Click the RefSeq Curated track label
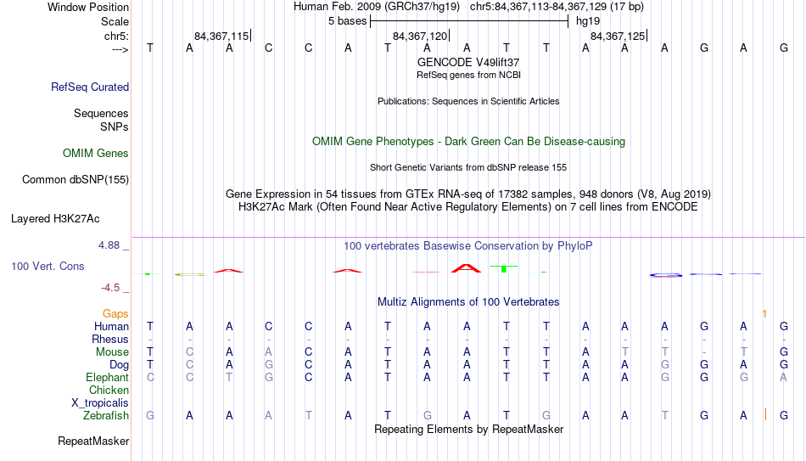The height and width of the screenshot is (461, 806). pos(90,87)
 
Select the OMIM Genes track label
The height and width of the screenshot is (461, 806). pos(96,154)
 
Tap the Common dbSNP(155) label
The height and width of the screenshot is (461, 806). pos(76,180)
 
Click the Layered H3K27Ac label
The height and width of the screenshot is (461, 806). pos(55,219)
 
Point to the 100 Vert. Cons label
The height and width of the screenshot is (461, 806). pos(48,266)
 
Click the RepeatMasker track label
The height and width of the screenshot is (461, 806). pos(93,441)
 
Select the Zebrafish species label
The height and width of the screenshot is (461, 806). pos(106,415)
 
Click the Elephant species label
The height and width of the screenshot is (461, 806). pos(108,377)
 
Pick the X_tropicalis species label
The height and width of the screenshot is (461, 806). pos(100,403)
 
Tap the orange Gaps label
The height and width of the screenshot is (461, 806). pos(115,314)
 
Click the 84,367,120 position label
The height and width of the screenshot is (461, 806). pos(420,36)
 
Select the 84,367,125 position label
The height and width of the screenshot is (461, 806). pos(618,36)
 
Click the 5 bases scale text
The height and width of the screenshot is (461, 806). pos(348,21)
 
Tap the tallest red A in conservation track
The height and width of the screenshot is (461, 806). pos(467,268)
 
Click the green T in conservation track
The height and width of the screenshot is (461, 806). pos(504,268)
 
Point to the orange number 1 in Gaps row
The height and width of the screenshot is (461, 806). pos(765,314)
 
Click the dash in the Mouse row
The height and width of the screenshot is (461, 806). pos(704,352)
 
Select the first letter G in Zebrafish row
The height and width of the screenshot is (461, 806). pos(150,415)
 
